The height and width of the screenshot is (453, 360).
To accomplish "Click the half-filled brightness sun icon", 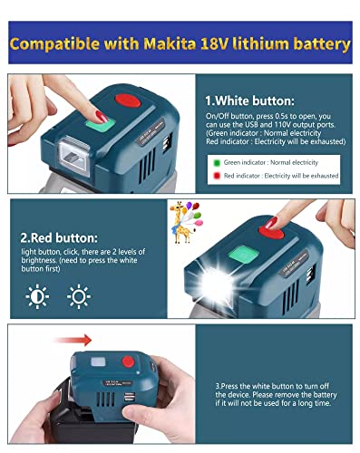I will [37, 296].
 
